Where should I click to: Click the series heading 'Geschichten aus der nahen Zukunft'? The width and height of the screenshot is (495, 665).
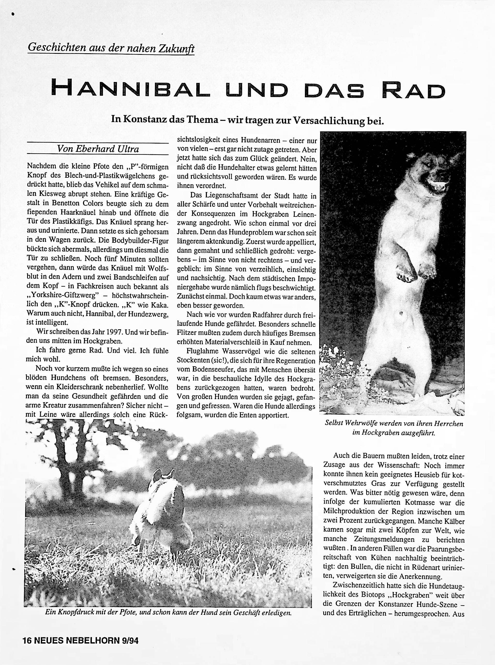(111, 48)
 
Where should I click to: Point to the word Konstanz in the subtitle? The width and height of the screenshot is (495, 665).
(145, 119)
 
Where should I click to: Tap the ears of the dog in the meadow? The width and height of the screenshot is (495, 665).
(163, 474)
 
